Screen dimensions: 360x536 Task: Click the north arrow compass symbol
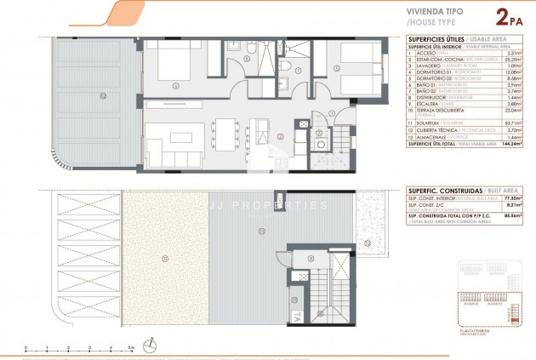tap(150, 345)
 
